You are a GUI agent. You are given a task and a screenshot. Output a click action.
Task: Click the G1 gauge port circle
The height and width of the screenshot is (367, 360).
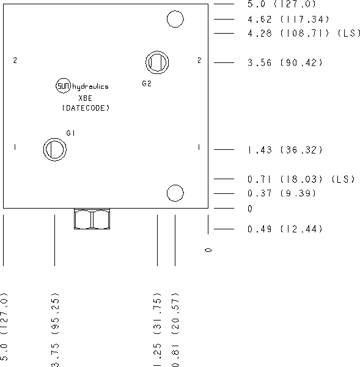[x=55, y=138]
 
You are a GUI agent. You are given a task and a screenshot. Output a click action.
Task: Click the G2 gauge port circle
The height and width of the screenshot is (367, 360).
[x=157, y=51]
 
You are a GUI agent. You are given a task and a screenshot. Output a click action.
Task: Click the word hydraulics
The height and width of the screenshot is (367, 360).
[x=90, y=87]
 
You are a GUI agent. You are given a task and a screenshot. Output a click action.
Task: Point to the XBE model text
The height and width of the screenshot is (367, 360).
[x=85, y=98]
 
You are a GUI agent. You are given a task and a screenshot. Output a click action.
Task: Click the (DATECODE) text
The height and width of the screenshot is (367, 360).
[x=86, y=108]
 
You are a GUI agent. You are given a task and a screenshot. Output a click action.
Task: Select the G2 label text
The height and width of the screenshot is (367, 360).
[x=147, y=84]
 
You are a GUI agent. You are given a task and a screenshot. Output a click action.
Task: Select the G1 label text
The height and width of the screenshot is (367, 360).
[x=70, y=133]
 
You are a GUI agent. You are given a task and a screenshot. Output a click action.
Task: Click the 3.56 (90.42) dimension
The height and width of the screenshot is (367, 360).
[x=285, y=63]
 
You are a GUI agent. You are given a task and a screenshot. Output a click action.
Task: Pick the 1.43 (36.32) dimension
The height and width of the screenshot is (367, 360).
[x=285, y=150]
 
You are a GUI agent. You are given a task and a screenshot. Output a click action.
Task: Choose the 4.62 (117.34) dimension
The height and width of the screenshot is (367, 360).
[x=288, y=20]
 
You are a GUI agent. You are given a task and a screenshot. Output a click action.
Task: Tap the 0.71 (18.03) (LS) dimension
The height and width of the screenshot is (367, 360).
[x=301, y=179]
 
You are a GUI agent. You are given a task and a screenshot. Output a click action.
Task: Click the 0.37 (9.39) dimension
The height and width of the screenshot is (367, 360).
[x=282, y=193]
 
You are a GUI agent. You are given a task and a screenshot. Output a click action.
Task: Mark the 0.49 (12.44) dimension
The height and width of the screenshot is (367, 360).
[x=285, y=229]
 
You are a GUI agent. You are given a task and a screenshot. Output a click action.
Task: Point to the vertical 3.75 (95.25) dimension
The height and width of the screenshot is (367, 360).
[x=56, y=330]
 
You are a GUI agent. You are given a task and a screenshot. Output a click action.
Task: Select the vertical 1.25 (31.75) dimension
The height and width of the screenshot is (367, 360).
[x=158, y=330]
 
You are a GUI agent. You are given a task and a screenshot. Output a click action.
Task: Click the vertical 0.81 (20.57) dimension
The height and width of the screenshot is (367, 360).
[x=175, y=330]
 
